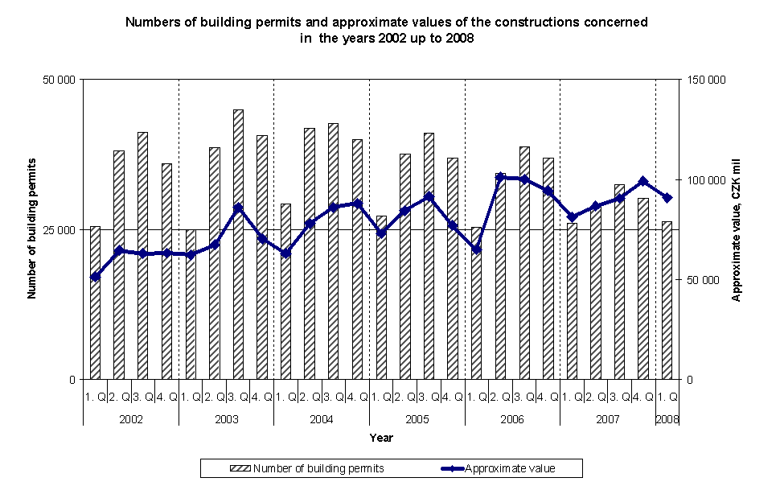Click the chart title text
[386, 30]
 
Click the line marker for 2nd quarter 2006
[500, 177]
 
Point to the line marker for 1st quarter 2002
[95, 277]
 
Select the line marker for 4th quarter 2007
[642, 181]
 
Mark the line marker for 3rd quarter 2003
[238, 208]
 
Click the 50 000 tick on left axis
[59, 80]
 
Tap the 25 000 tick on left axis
[59, 229]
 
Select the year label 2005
[417, 419]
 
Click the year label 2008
[667, 419]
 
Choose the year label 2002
[130, 419]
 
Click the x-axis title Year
[381, 438]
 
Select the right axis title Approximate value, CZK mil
[735, 229]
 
